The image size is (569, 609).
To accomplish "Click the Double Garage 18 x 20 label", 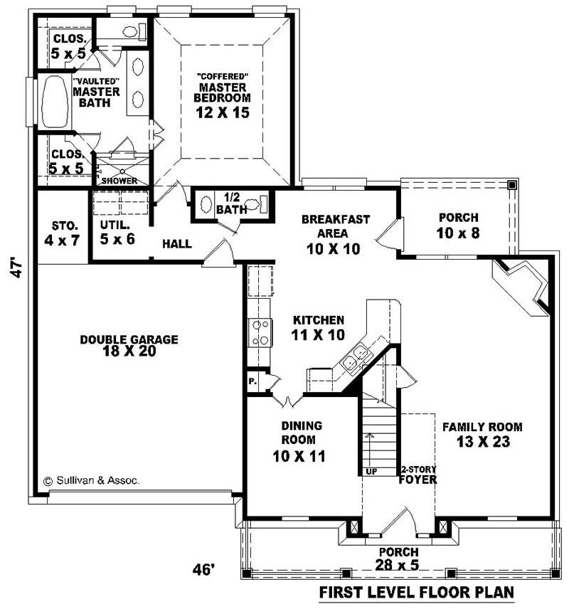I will pos(129,345).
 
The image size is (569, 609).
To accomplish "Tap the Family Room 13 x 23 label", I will pos(482,434).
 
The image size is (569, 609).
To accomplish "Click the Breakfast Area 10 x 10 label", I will pos(335,234).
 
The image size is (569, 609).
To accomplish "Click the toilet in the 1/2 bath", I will pos(259,206).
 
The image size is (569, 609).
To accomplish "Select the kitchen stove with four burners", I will pos(260,332).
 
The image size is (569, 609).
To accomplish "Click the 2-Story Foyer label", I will pos(418,475).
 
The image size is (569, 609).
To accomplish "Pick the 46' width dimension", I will pos(203,569).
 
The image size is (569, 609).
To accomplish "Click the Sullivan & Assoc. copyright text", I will pos(92,480).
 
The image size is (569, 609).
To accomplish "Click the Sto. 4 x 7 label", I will pos(61,233).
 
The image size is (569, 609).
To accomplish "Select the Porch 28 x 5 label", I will pos(398,559).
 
